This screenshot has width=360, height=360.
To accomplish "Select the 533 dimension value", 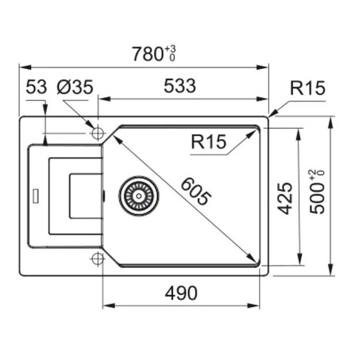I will [180, 86].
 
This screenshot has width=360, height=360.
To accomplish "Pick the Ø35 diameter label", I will [75, 87].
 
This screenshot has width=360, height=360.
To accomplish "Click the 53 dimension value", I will [36, 87].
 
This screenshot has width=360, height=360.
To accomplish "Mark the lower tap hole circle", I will [97, 257].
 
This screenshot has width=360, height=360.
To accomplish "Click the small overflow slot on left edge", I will [37, 195].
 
